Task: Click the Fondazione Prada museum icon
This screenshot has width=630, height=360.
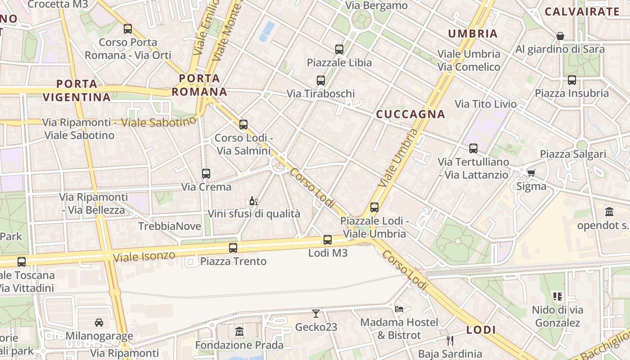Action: pyautogui.click(x=239, y=332)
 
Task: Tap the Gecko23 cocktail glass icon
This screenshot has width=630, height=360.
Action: pyautogui.click(x=316, y=314)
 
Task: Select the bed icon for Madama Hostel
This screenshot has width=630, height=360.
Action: pyautogui.click(x=399, y=309)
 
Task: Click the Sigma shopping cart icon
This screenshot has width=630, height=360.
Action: pyautogui.click(x=531, y=173)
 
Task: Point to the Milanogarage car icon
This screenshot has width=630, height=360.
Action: pyautogui.click(x=99, y=323)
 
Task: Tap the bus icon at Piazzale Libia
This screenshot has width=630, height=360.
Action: pyautogui.click(x=339, y=49)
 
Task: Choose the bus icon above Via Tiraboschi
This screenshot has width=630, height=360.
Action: pyautogui.click(x=320, y=81)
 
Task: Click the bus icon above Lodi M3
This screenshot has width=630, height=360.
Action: pyautogui.click(x=328, y=240)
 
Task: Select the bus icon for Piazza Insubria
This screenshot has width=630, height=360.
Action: pyautogui.click(x=571, y=80)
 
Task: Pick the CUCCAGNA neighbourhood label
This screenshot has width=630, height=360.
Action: pyautogui.click(x=410, y=114)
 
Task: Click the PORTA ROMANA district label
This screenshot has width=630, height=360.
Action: pyautogui.click(x=199, y=85)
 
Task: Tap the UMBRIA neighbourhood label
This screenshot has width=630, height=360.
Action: pyautogui.click(x=472, y=34)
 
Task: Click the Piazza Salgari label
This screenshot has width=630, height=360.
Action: pyautogui.click(x=573, y=154)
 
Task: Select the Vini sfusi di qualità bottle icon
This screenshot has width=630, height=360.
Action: pyautogui.click(x=253, y=201)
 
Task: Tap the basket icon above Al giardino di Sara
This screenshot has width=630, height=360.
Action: pyautogui.click(x=560, y=36)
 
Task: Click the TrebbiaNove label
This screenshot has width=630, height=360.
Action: pyautogui.click(x=170, y=226)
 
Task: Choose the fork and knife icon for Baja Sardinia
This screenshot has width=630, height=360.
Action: pyautogui.click(x=450, y=341)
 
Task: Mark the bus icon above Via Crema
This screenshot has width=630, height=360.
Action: pyautogui.click(x=206, y=174)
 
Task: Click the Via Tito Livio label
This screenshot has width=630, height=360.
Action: pyautogui.click(x=486, y=104)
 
